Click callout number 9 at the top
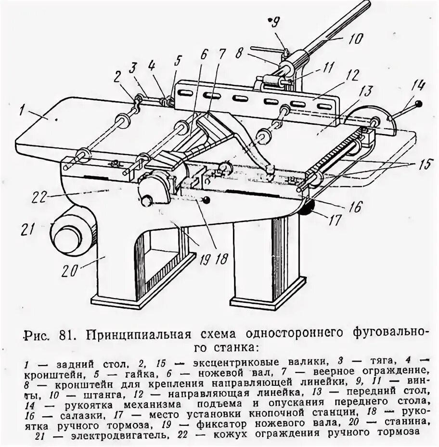275,22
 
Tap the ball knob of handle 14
420,104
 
